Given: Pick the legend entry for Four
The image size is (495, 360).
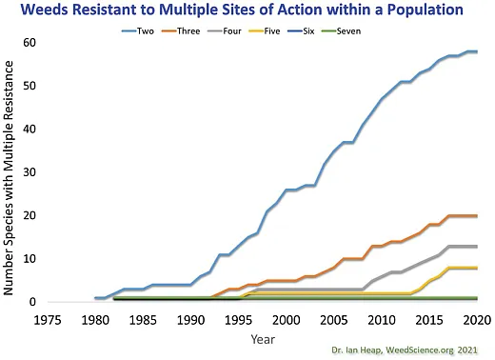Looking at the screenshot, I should click(255, 30).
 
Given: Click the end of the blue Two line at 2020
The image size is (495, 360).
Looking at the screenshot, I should click(476, 51).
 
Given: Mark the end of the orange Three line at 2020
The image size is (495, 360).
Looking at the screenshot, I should click(476, 216).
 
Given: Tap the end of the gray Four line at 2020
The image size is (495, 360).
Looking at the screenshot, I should click(476, 247).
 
